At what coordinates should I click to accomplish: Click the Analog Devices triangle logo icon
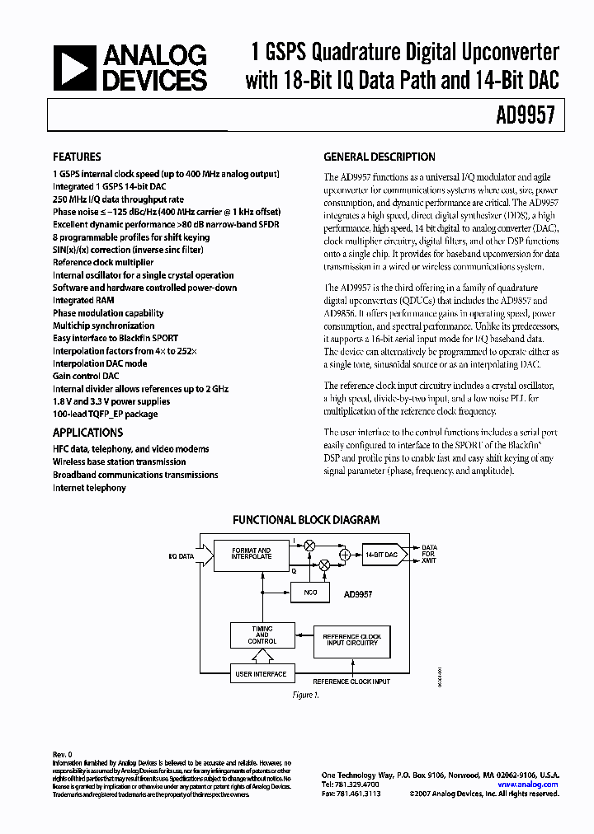pos(73,68)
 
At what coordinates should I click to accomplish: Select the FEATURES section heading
pos(77,157)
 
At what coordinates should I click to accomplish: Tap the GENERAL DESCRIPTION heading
pos(379,157)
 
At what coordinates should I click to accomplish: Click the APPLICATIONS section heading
pos(87,433)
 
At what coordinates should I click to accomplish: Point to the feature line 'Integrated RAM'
pos(83,301)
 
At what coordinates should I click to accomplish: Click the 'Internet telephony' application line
pos(89,488)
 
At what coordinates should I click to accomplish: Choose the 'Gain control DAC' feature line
pos(88,377)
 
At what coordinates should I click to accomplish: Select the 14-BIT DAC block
pos(380,555)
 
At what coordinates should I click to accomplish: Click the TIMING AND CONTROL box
pos(262,636)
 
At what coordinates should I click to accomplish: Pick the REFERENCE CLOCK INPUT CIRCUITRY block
pos(351,642)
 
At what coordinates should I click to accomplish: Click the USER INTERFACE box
pos(262,674)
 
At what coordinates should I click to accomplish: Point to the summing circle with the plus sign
pos(344,555)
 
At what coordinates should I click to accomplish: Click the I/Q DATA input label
pos(181,556)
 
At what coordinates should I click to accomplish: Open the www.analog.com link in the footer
pos(533,785)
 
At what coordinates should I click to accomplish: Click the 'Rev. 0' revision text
pos(64,754)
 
